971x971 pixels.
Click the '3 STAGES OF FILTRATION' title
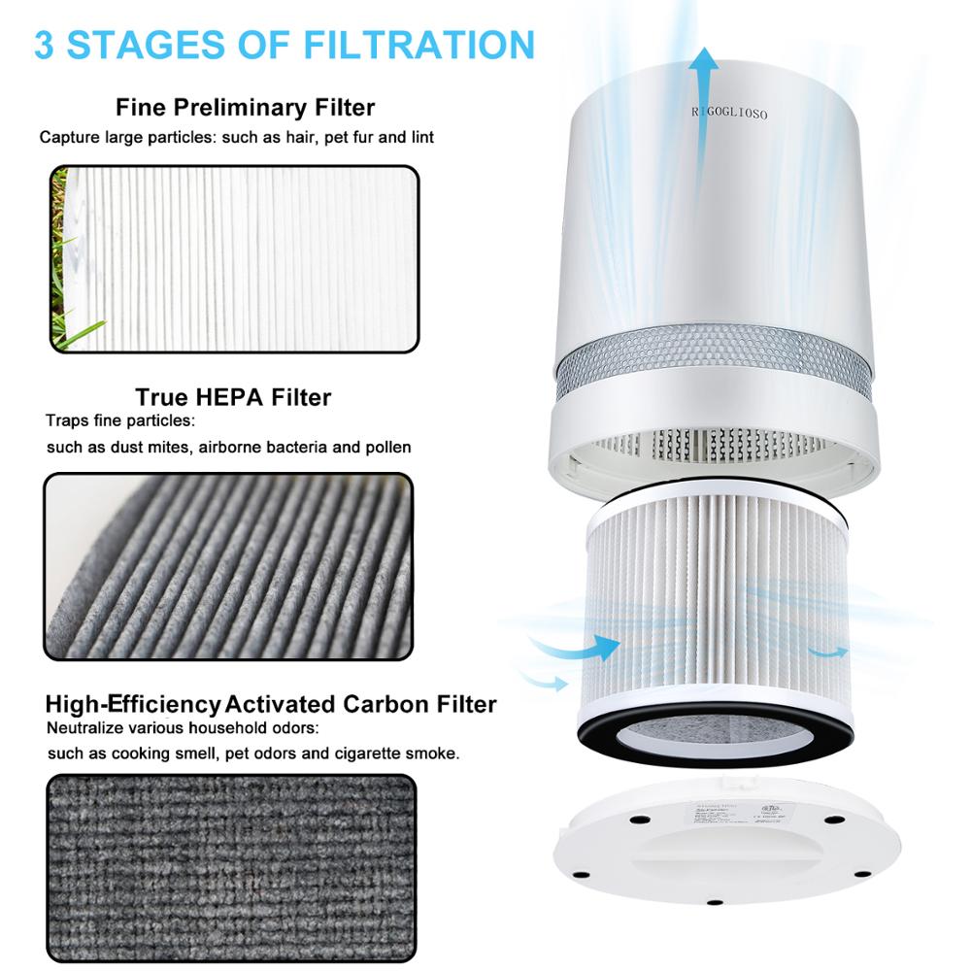285,46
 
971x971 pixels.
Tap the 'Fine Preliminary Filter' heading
245,107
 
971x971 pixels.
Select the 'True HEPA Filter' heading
233,397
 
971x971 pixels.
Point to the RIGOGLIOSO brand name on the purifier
729,114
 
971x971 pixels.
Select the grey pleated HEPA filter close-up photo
228,566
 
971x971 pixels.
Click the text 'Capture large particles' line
236,137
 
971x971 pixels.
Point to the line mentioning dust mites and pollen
228,448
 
